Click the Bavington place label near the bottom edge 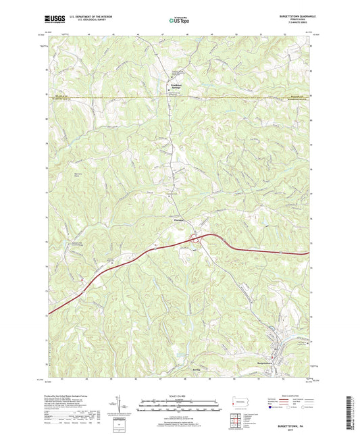(178, 371)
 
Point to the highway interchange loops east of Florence (195, 238)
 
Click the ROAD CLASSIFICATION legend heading (284, 388)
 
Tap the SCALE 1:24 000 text (180, 387)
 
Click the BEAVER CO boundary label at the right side (297, 97)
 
